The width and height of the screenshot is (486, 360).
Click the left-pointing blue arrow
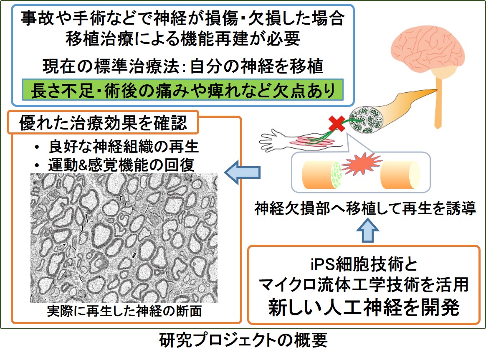pyautogui.click(x=243, y=172)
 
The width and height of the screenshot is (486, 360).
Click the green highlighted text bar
pyautogui.click(x=182, y=90)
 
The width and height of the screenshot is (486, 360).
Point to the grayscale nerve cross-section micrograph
pyautogui.click(x=124, y=238)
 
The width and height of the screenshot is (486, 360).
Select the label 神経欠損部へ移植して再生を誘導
pyautogui.click(x=366, y=208)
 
